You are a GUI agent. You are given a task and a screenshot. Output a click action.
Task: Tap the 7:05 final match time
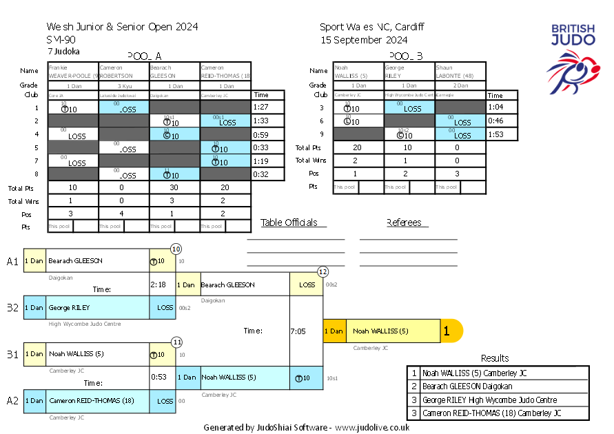[x=298, y=331]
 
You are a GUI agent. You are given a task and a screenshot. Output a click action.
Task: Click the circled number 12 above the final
[x=323, y=271]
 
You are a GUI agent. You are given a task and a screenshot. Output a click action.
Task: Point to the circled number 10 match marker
[x=176, y=249]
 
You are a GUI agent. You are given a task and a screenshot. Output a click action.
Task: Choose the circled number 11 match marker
[x=176, y=341]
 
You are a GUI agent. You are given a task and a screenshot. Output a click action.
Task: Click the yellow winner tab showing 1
[x=447, y=331]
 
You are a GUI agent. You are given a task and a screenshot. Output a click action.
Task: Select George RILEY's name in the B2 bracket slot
[x=69, y=307]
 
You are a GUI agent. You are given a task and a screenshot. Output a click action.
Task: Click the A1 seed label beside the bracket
[x=13, y=261]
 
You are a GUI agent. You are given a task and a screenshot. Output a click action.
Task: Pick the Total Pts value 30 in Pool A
[x=175, y=187]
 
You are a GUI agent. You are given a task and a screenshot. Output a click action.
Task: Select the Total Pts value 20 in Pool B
[x=358, y=147]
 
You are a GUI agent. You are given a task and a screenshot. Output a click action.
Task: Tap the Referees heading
[x=407, y=223]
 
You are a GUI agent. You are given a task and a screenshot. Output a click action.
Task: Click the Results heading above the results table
[x=495, y=358]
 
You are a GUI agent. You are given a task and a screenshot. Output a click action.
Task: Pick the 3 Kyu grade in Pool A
[x=125, y=86]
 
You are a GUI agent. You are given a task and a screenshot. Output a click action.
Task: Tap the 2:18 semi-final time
[x=158, y=284]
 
